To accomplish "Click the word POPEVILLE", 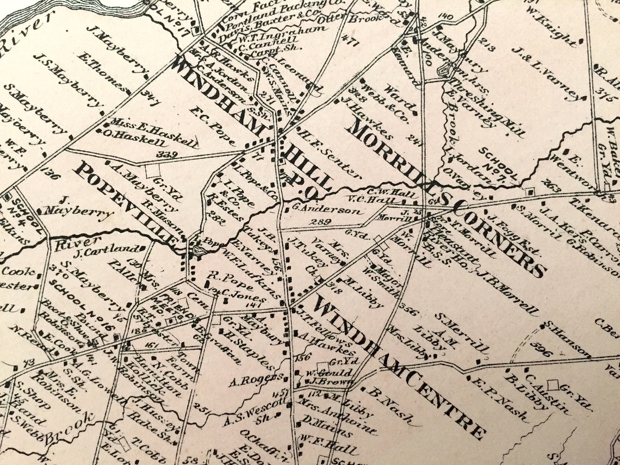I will pos(128,203).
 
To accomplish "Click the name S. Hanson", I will pos(566,339).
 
